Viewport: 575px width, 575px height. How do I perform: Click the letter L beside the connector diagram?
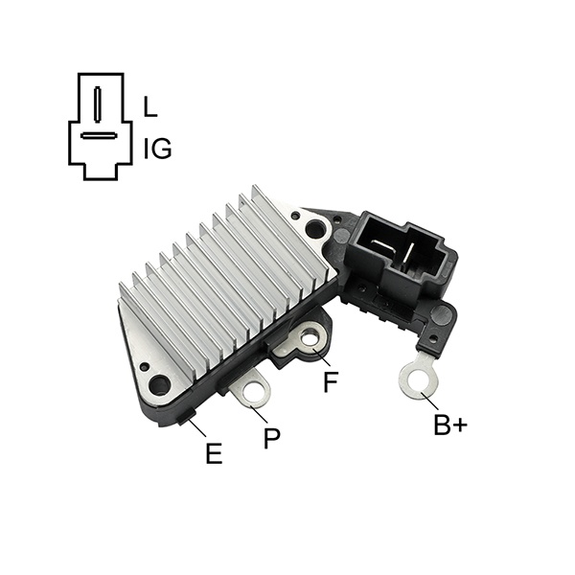pyautogui.click(x=149, y=106)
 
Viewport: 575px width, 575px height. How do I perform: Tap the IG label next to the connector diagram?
pyautogui.click(x=157, y=149)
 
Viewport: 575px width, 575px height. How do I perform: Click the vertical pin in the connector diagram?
pyautogui.click(x=97, y=104)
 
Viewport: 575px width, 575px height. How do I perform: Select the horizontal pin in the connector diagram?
pyautogui.click(x=99, y=136)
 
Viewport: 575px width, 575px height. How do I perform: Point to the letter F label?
pyautogui.click(x=331, y=381)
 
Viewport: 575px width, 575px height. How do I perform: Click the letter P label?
pyautogui.click(x=272, y=438)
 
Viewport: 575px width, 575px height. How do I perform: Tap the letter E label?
pyautogui.click(x=214, y=453)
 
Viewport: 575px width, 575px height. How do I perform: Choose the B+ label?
pyautogui.click(x=450, y=425)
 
